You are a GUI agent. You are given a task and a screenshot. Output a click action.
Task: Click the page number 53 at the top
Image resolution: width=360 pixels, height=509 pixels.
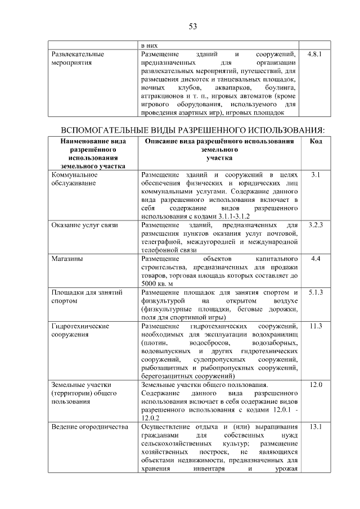(192, 26)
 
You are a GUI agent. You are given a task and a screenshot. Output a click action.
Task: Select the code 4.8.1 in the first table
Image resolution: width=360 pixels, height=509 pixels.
(315, 55)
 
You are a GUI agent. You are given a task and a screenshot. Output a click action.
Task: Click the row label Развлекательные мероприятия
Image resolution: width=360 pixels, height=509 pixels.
(78, 60)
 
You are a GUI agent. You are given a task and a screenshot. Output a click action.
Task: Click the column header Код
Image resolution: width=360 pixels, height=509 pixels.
(316, 141)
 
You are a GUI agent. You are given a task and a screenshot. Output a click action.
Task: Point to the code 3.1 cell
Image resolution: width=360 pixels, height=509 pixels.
(316, 175)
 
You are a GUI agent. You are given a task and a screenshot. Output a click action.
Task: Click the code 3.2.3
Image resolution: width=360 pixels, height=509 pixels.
(316, 225)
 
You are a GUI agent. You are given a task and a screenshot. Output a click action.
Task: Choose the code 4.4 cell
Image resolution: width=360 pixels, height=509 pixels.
(316, 259)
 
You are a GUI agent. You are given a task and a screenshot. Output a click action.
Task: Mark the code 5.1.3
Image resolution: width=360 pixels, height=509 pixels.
(316, 292)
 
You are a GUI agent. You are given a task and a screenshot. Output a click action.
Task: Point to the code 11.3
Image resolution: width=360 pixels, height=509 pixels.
(316, 326)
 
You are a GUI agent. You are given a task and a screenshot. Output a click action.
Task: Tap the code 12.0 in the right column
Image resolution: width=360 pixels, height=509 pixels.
(316, 385)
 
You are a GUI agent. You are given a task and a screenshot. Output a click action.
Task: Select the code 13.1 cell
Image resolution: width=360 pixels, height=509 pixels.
(316, 427)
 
